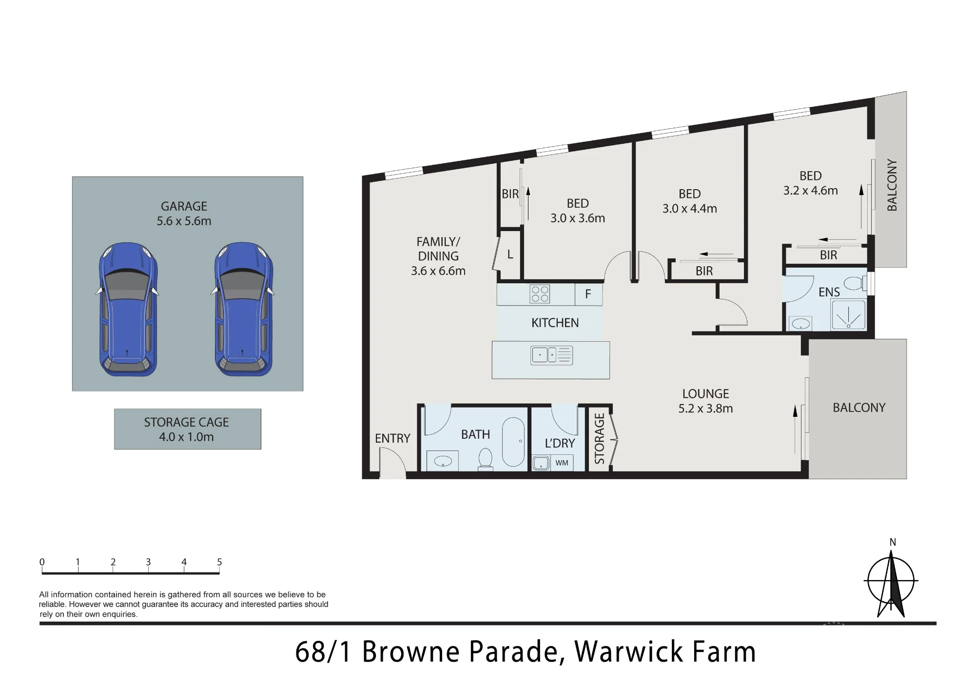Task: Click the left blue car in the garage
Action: coord(128,309)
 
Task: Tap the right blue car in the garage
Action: coord(243,309)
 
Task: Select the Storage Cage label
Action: coord(186,422)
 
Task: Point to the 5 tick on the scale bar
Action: coord(219,566)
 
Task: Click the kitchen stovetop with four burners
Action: coord(540,294)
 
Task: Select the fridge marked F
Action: coord(588,294)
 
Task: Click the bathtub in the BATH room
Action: coord(513,441)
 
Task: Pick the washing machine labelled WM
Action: coord(562,463)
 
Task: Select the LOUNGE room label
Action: coord(705,394)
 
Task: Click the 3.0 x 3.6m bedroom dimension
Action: coord(578,218)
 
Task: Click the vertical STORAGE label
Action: coord(600,438)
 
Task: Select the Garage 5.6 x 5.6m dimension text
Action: coord(184,221)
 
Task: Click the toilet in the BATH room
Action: coord(485,460)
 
